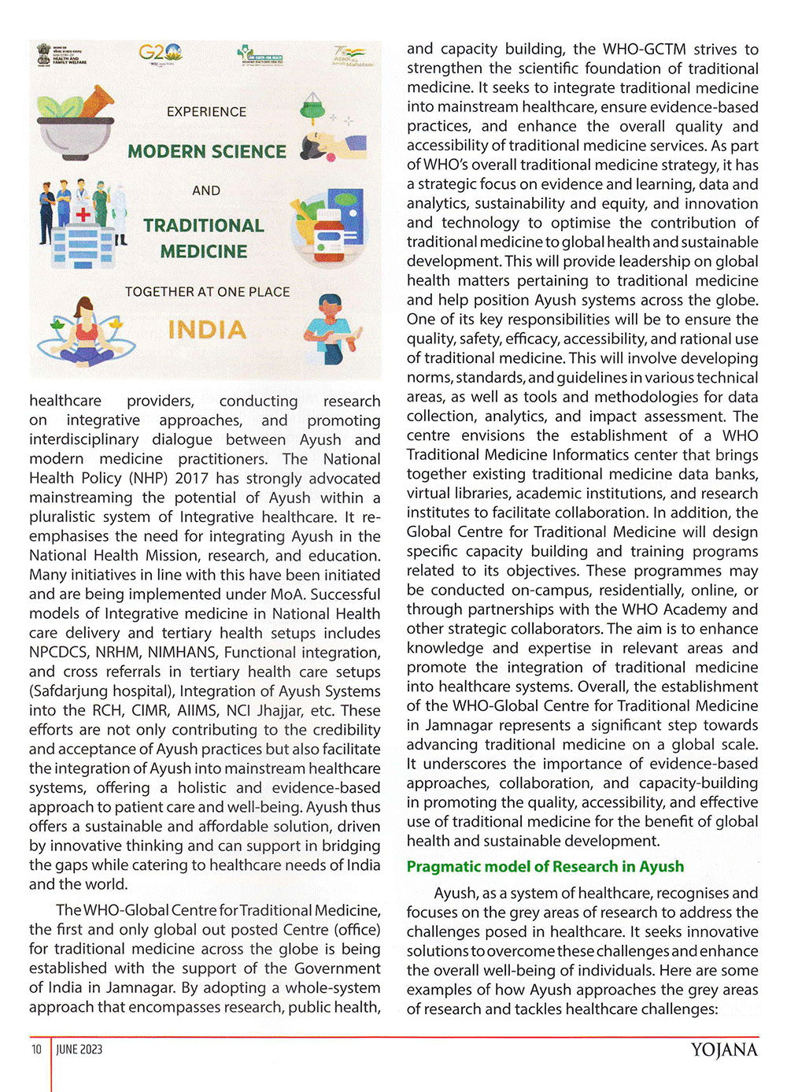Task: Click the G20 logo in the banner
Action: [x=160, y=54]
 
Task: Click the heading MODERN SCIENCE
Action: [x=207, y=151]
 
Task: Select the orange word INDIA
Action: [x=207, y=330]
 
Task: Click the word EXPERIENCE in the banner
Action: [x=206, y=112]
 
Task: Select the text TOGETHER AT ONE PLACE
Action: [x=207, y=291]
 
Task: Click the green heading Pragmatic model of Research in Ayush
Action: [x=545, y=866]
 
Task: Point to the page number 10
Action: [x=36, y=1049]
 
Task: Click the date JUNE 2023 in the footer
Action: [x=79, y=1049]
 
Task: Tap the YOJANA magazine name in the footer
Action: [x=724, y=1050]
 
